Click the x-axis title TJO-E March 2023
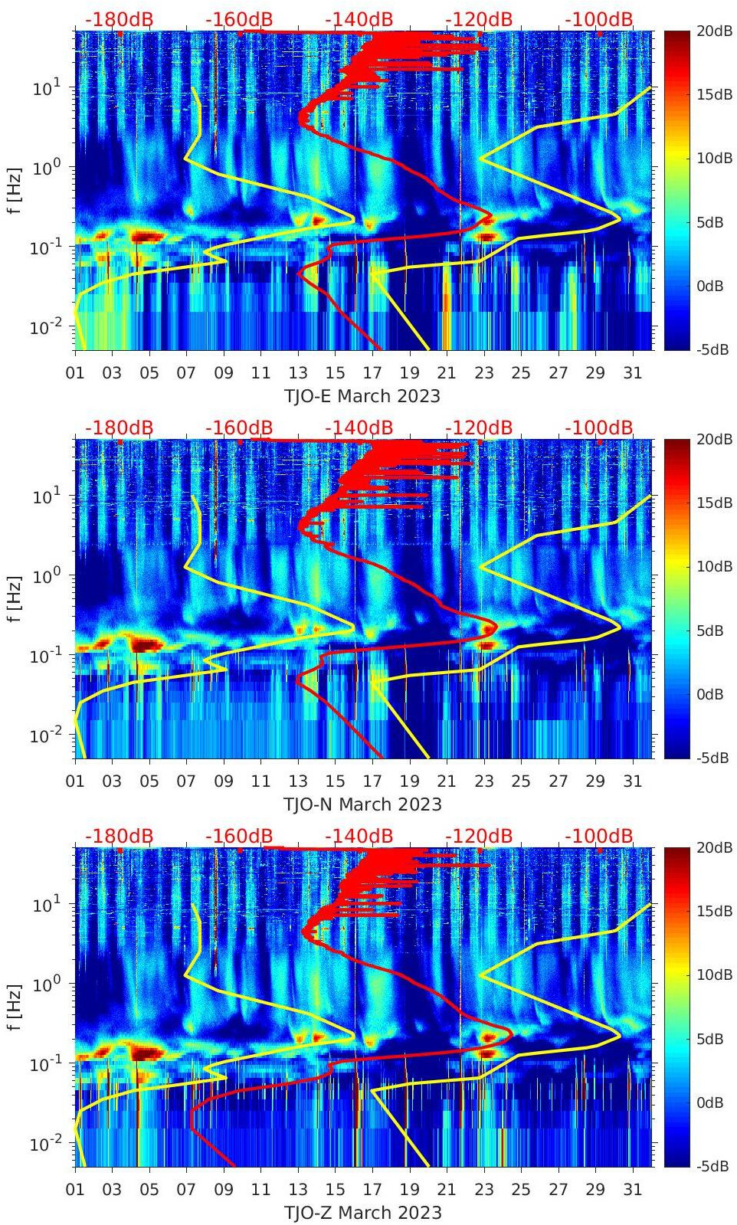pos(362,396)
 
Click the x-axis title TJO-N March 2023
pos(362,804)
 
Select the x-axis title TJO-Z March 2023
pos(362,1213)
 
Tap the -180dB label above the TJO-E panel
pos(119,19)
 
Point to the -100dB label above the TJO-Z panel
pos(598,836)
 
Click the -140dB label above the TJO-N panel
pos(359,427)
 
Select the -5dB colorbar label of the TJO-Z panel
pos(713,1166)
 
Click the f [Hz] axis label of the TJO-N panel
pos(15,598)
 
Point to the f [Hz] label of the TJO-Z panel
pos(15,1007)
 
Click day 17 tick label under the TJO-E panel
pos(372,373)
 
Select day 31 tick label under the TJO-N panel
pos(632,781)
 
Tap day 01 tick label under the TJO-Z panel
pos(75,1190)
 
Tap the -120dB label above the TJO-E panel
pos(479,19)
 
